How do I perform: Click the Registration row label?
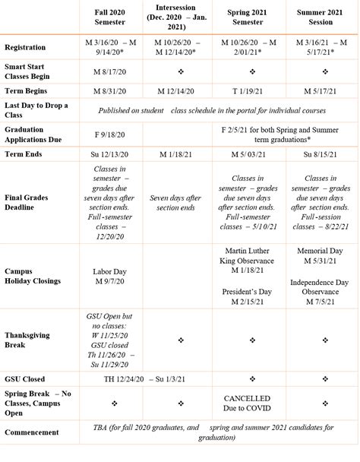25,46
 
